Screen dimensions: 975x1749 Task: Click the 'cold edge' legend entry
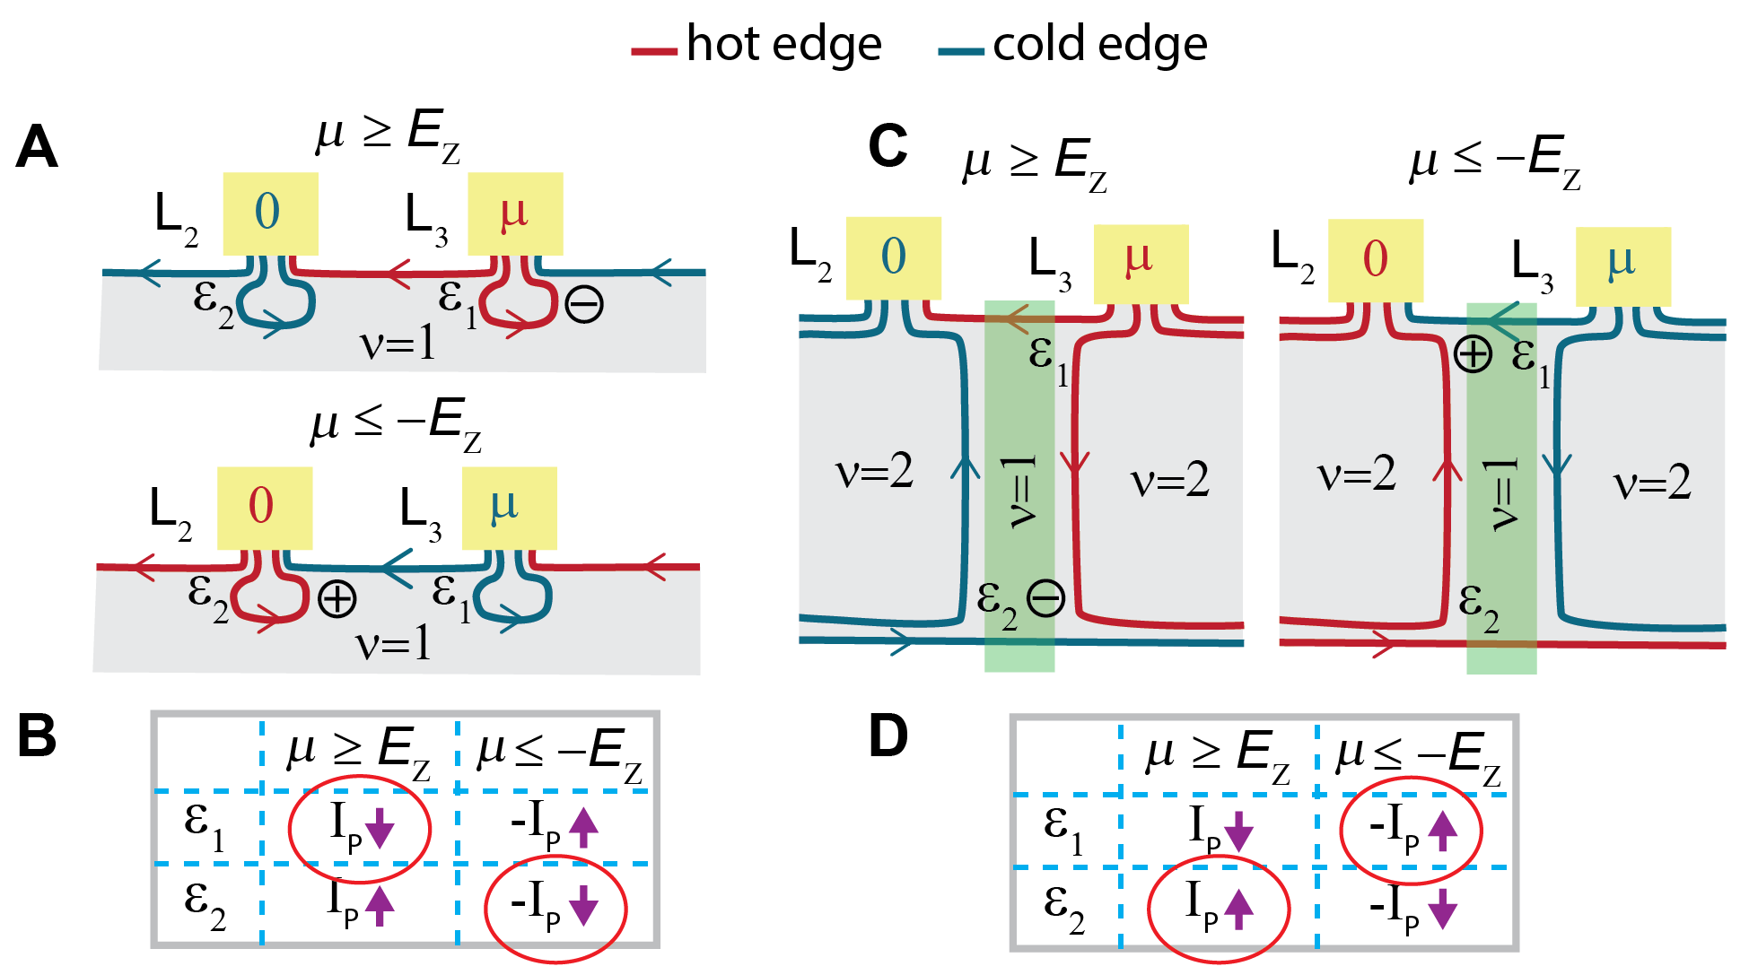point(1073,45)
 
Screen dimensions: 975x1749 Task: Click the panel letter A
point(38,147)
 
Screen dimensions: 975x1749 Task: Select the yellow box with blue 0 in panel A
point(270,213)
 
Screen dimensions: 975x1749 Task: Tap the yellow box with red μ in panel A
point(515,213)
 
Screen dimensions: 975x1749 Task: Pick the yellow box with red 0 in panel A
point(265,508)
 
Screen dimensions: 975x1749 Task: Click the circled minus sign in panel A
point(584,305)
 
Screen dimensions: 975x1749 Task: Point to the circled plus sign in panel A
point(337,599)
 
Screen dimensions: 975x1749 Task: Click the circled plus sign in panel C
point(1473,354)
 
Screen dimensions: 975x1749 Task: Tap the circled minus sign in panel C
point(1045,598)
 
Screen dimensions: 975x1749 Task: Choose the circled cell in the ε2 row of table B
point(555,908)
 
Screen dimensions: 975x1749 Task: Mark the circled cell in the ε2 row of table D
point(1219,908)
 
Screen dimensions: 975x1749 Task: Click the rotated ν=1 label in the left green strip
point(1020,492)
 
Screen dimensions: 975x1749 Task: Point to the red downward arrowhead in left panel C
point(1074,463)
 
